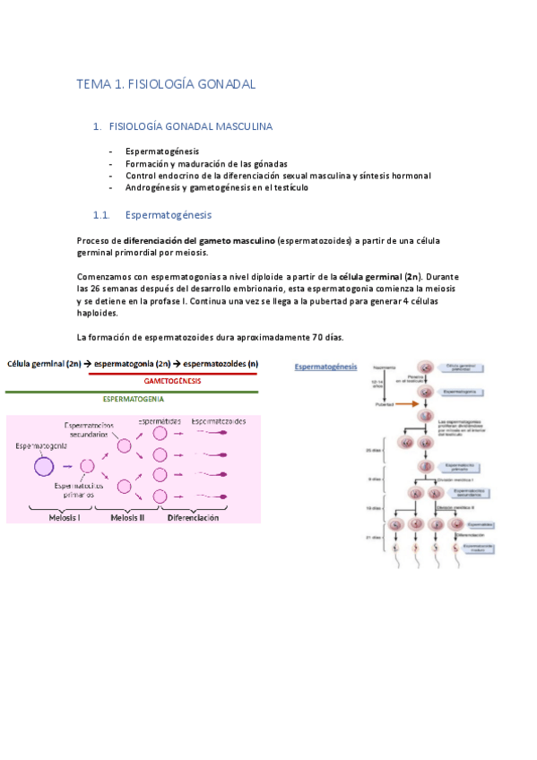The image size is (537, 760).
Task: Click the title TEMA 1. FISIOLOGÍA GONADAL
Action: pos(167,84)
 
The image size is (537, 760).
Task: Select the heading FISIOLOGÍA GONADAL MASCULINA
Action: pos(190,127)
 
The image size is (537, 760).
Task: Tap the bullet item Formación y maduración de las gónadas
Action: pos(206,164)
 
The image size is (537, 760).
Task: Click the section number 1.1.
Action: pos(101,215)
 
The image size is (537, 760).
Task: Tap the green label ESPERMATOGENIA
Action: pos(132,399)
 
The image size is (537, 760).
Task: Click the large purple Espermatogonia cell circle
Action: pos(44,466)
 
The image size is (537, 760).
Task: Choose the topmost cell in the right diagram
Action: pos(428,367)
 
